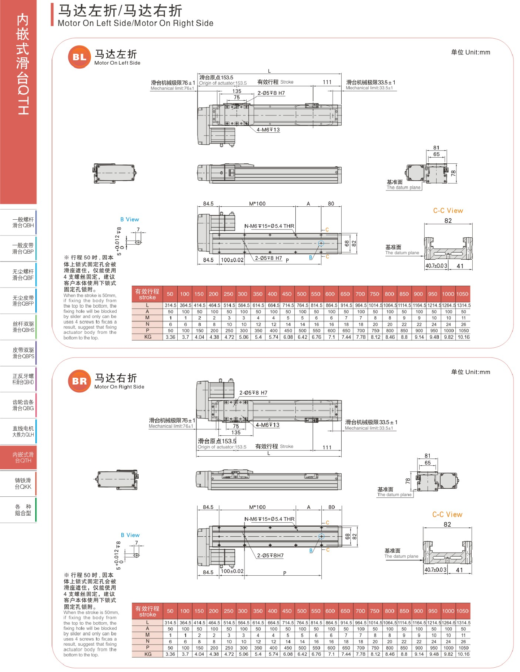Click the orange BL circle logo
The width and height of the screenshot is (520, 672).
click(x=79, y=57)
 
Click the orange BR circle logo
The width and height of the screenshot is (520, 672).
click(x=79, y=381)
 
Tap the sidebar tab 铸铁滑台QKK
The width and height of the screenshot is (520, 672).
click(x=23, y=483)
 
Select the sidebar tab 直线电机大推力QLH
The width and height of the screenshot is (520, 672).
click(x=23, y=431)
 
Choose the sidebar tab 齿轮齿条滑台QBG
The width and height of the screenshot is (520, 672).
click(x=23, y=405)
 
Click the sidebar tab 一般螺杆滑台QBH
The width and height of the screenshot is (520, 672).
click(x=23, y=222)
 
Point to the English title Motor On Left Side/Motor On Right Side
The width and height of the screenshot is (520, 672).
click(x=135, y=23)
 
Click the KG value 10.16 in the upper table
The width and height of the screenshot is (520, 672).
click(x=463, y=337)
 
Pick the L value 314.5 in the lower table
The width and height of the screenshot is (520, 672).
click(x=170, y=623)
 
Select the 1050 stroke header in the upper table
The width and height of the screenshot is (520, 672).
click(x=462, y=294)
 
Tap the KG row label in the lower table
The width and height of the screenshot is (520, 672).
click(x=148, y=654)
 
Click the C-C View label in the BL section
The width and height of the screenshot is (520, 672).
click(x=448, y=211)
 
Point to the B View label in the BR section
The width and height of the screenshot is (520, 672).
click(x=130, y=535)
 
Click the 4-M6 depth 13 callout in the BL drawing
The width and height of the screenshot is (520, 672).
click(x=268, y=130)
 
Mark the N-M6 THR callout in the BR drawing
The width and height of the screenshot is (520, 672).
click(x=269, y=519)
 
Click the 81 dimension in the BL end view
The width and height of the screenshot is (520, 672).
click(x=437, y=148)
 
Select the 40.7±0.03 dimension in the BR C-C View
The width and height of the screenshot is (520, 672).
click(x=435, y=570)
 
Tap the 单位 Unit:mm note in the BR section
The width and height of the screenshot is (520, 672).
click(x=471, y=372)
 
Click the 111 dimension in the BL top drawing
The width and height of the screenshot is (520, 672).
click(x=327, y=82)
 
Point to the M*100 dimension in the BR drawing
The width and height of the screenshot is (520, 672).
click(x=257, y=507)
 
